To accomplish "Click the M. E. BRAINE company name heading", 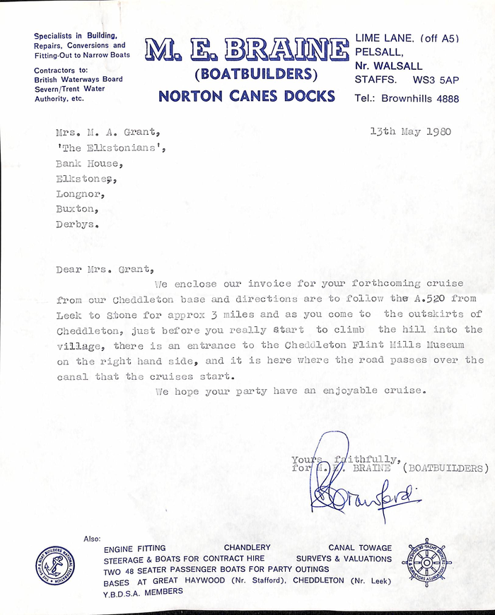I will (x=247, y=49).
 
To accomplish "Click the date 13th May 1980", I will (x=410, y=131).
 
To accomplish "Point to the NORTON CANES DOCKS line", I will (x=246, y=96).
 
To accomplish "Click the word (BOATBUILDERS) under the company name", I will (x=246, y=75).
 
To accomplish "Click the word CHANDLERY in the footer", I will (x=247, y=548).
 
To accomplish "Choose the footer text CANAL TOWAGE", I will (x=359, y=548).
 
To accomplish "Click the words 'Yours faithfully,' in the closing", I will (x=347, y=460).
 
